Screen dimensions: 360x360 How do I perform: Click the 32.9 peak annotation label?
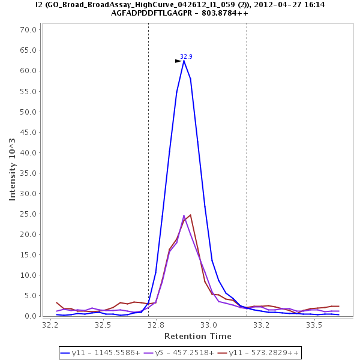186,56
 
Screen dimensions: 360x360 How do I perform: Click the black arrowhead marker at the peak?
178,61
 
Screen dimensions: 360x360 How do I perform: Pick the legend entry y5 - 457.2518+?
181,352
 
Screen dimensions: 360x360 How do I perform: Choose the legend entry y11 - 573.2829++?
259,352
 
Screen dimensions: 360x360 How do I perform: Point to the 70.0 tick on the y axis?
29,29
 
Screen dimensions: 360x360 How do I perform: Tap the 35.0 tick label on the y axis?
29,173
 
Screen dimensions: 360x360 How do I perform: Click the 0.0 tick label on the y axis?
32,316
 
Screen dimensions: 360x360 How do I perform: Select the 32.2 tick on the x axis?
50,325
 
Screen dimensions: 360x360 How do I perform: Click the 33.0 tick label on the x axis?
209,325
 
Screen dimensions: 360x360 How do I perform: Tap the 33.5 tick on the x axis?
314,325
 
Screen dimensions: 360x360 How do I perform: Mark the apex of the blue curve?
184,61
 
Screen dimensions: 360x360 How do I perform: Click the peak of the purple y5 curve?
184,215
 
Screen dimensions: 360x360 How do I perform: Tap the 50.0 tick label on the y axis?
29,112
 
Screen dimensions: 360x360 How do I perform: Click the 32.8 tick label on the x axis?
156,325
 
